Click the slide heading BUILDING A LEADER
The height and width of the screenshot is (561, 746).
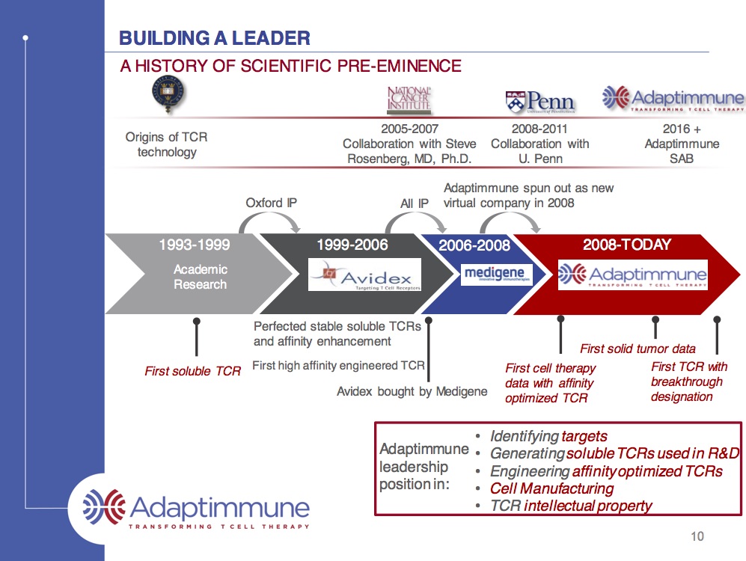(x=215, y=38)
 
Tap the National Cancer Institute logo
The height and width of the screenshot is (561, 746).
(x=409, y=99)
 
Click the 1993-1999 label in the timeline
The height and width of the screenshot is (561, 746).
(x=195, y=245)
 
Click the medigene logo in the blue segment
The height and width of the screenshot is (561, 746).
(x=493, y=274)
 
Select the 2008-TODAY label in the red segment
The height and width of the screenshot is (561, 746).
(x=627, y=245)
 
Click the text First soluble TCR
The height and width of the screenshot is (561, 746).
(x=193, y=371)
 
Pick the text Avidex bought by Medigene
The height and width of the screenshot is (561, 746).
(x=412, y=391)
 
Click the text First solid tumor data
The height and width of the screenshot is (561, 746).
(x=638, y=349)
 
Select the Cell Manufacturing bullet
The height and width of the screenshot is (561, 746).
(x=551, y=488)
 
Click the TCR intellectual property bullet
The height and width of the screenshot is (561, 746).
(x=571, y=506)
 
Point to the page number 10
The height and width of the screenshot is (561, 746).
(x=697, y=536)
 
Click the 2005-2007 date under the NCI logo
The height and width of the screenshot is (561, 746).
(x=409, y=129)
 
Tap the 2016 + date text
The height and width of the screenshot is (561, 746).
(x=682, y=129)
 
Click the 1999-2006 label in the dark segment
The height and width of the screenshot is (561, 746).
(x=352, y=245)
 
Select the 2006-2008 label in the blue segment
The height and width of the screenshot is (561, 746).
(x=474, y=245)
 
